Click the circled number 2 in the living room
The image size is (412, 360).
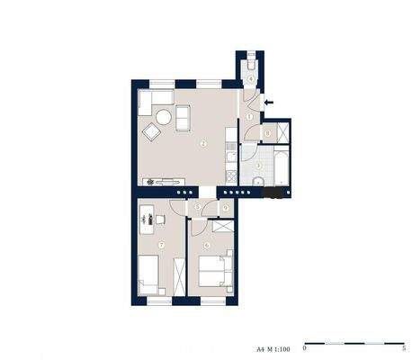tap(203, 144)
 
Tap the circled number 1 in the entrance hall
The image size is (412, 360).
tap(249, 117)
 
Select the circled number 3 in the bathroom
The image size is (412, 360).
tap(258, 165)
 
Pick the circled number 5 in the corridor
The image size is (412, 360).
tap(197, 207)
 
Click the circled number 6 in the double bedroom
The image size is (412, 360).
tap(207, 244)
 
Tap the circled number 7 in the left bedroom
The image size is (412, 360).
tap(161, 244)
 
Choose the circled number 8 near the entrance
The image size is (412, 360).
tap(268, 134)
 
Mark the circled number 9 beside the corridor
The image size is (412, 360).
tap(224, 210)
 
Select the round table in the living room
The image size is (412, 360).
tap(164, 116)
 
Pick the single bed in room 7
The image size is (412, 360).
tap(149, 274)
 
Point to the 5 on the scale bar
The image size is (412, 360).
tap(405, 346)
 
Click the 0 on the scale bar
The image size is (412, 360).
tap(305, 346)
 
